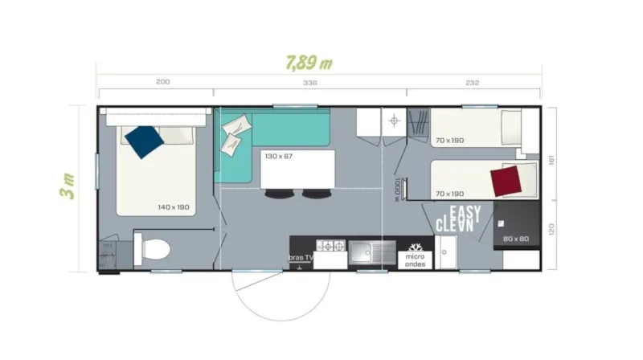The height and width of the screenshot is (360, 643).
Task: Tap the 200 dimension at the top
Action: tap(162, 82)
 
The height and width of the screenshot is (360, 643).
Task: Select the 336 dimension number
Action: tap(311, 82)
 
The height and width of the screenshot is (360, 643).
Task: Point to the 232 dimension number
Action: tap(472, 82)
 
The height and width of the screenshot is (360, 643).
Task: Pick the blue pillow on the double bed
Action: tap(145, 141)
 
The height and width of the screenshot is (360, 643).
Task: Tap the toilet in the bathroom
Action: tap(153, 248)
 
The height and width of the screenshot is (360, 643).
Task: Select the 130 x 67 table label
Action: tap(278, 156)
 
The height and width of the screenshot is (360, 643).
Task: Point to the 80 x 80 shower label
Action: tap(517, 239)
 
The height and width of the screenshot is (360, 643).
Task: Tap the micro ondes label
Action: tap(416, 259)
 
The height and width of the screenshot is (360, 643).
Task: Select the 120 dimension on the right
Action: tap(551, 230)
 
